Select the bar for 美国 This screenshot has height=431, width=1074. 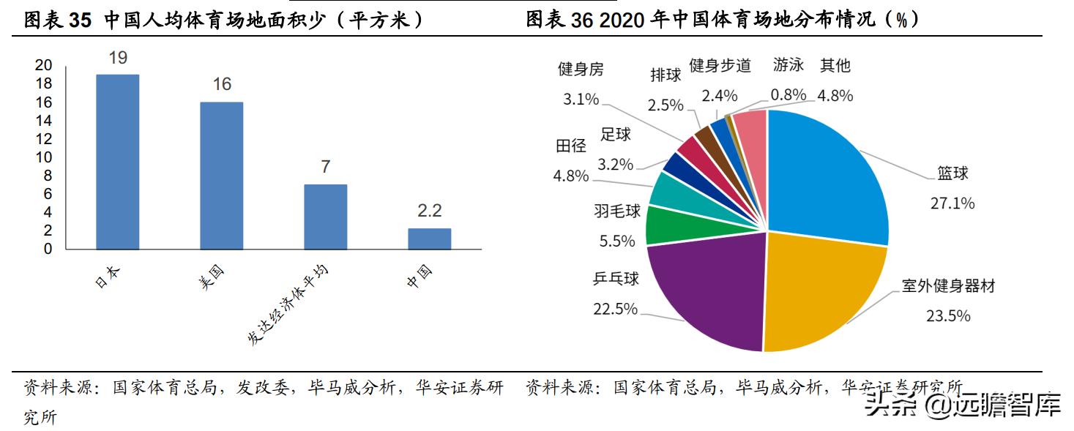coord(221,176)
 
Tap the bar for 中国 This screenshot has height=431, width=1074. coord(429,239)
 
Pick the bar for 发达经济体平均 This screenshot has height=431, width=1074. coord(325,217)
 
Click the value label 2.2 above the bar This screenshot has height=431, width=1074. coord(429,211)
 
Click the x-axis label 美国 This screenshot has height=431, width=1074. coord(211,279)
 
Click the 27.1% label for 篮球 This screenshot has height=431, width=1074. coord(952,203)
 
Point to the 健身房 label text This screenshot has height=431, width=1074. coord(581,69)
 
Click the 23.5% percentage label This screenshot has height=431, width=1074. coord(947,315)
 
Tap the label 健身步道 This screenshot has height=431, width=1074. coord(720,66)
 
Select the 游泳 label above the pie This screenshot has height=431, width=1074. coord(788,65)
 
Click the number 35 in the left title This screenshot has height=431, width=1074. coord(80,20)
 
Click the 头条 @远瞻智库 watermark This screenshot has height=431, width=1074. coord(962,405)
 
